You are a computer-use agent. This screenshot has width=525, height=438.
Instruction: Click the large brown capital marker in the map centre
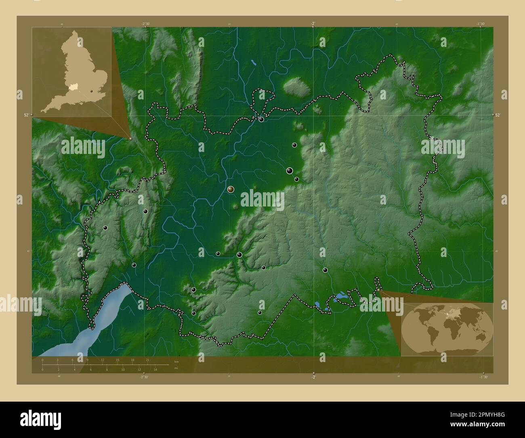click(231, 189)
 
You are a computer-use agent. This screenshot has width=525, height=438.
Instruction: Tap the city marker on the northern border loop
click(261, 119)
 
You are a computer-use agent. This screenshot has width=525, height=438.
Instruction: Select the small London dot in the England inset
click(92, 92)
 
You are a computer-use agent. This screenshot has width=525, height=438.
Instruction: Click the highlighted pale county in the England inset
click(73, 86)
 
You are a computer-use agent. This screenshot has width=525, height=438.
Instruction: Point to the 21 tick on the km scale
click(147, 360)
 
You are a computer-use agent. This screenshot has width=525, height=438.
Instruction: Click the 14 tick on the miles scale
click(155, 369)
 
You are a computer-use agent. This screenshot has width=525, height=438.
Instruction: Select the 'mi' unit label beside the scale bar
click(176, 368)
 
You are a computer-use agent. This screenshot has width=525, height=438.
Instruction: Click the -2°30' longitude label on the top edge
click(146, 23)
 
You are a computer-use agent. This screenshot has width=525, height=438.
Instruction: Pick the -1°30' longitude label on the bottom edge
click(483, 377)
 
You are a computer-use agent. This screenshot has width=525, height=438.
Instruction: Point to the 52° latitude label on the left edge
click(26, 115)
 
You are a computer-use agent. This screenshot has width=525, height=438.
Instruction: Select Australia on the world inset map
click(479, 336)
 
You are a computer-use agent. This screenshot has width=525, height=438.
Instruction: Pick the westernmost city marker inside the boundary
click(105, 228)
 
